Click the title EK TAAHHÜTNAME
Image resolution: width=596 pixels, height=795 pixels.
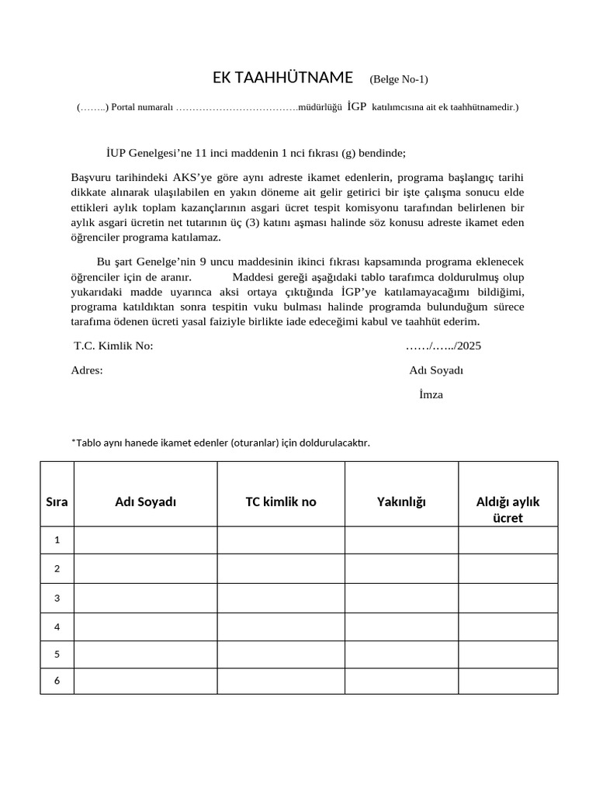282,78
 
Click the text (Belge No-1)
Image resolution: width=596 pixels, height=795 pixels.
398,79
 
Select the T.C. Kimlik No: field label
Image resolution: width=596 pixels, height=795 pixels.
113,346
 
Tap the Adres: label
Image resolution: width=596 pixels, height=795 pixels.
87,370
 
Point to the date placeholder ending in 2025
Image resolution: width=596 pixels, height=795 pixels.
443,346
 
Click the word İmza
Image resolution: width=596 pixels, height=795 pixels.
431,394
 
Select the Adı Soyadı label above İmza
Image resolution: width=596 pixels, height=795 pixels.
435,370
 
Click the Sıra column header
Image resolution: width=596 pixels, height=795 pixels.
57,502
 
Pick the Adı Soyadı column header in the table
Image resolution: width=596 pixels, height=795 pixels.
145,502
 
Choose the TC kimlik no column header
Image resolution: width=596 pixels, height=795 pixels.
281,502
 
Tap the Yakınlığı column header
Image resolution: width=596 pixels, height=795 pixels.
401,502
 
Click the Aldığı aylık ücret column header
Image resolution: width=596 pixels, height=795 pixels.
508,509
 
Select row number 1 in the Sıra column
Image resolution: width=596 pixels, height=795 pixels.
57,540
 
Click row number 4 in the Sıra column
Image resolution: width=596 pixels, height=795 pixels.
57,627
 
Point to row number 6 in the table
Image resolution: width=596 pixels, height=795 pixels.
57,681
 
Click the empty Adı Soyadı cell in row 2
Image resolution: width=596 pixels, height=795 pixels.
145,568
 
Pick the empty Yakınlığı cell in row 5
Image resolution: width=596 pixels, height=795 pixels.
401,654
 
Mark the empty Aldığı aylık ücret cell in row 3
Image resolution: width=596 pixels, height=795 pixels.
508,598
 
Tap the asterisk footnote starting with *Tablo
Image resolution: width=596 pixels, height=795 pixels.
220,443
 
